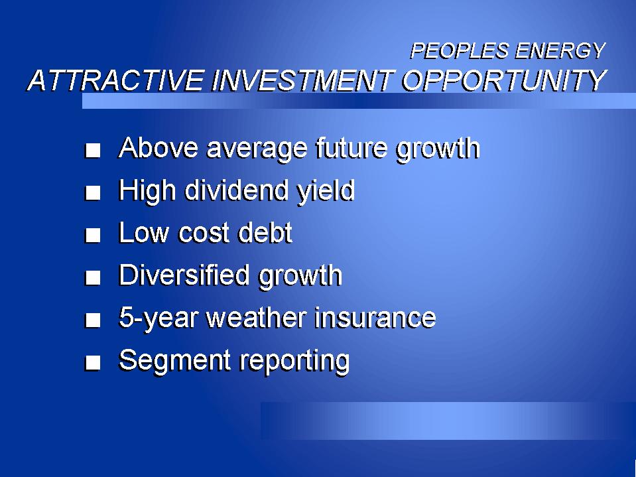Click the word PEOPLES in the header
(459, 51)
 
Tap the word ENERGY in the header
(560, 51)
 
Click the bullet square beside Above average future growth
(93, 151)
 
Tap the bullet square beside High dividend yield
(93, 192)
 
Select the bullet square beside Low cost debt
(93, 236)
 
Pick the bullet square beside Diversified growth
(93, 278)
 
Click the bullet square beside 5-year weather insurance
(93, 320)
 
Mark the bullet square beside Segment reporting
(93, 363)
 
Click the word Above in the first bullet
(159, 148)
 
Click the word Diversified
(184, 275)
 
